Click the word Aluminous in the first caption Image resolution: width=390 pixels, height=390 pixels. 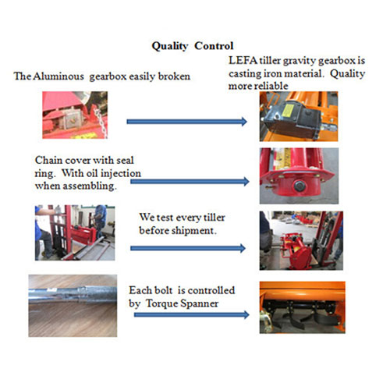pos(55,76)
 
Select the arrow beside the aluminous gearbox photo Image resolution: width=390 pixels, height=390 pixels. pos(187,121)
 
